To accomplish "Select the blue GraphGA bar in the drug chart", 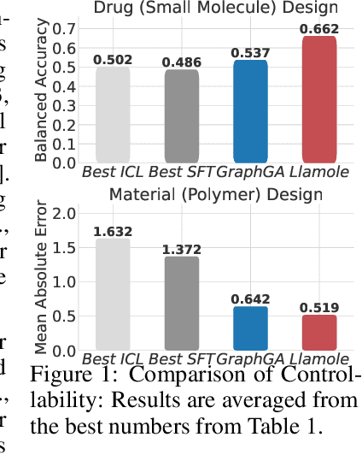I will (251, 111).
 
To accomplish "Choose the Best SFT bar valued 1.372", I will (181, 303).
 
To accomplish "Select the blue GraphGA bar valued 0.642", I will (251, 328).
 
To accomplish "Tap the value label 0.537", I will (251, 53).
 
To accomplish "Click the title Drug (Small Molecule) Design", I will (215, 8).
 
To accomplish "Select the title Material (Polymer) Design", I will (215, 194).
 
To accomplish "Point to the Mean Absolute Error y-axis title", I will (41, 278).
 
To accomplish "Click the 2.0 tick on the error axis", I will (65, 212).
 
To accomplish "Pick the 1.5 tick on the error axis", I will (65, 247).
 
